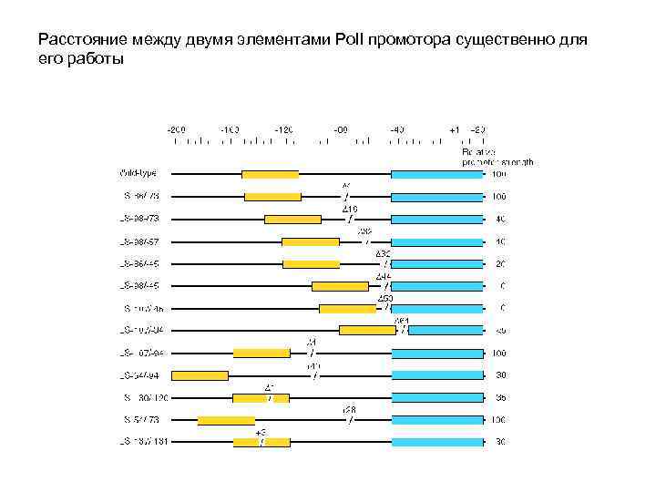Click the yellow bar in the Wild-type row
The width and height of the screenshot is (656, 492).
click(270, 174)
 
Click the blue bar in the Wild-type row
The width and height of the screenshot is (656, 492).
click(436, 174)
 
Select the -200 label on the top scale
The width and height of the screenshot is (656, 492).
click(176, 129)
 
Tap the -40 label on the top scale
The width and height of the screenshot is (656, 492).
click(397, 129)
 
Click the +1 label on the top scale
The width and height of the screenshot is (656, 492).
click(455, 129)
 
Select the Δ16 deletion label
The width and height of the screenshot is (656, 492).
click(350, 209)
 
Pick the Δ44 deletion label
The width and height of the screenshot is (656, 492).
click(384, 276)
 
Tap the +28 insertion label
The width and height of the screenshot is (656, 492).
click(349, 409)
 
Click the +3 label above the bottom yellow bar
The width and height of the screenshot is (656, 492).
click(261, 432)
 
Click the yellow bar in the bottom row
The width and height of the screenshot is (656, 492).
click(261, 442)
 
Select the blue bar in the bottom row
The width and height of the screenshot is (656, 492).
click(436, 442)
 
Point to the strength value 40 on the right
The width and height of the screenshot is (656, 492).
click(500, 219)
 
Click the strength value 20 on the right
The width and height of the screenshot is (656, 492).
click(500, 263)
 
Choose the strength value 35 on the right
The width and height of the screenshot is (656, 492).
click(500, 397)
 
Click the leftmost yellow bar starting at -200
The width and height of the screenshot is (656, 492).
click(200, 374)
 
